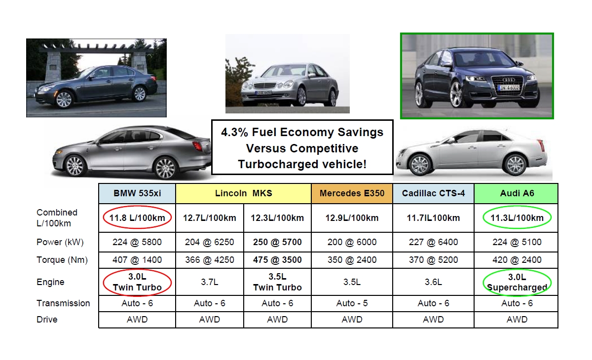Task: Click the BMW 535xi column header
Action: click(137, 193)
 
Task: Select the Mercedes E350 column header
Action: click(352, 193)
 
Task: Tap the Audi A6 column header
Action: click(517, 193)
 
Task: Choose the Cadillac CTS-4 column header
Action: click(433, 193)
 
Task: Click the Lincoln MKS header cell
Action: click(243, 193)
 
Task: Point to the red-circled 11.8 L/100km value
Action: click(137, 217)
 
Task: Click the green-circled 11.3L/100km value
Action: click(517, 217)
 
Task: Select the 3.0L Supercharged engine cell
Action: click(517, 282)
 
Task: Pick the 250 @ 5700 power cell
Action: click(277, 242)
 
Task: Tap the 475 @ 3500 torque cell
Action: click(277, 260)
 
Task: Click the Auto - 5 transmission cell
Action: click(352, 303)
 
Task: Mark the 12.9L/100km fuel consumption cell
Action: click(352, 217)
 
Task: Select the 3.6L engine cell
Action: click(433, 282)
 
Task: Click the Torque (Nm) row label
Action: click(62, 260)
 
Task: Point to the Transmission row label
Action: click(63, 303)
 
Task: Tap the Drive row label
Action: click(47, 320)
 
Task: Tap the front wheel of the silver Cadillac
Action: click(421, 164)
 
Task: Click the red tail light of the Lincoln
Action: click(198, 146)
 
